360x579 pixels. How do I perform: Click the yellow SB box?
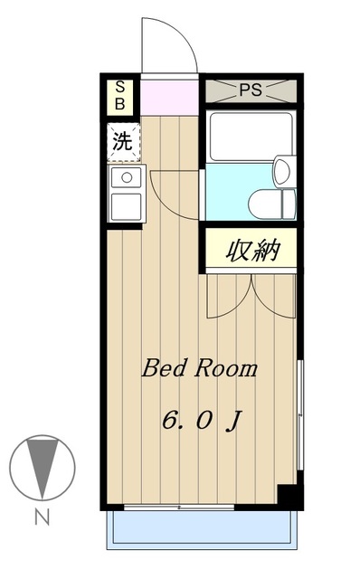(x=120, y=95)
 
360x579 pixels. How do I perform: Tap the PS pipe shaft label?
(x=251, y=90)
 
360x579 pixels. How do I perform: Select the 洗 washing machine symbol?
(x=122, y=142)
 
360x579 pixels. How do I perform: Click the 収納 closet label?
(x=251, y=249)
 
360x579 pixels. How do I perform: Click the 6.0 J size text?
(x=201, y=421)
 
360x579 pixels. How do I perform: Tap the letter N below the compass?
(x=41, y=518)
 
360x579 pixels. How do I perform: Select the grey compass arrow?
(x=41, y=464)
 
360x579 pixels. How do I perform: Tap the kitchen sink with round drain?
(x=126, y=177)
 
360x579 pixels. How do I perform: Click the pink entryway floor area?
(x=169, y=96)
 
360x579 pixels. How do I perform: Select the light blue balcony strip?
(x=201, y=529)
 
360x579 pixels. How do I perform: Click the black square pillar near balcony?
(x=288, y=497)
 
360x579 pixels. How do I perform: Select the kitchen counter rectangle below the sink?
(x=126, y=205)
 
